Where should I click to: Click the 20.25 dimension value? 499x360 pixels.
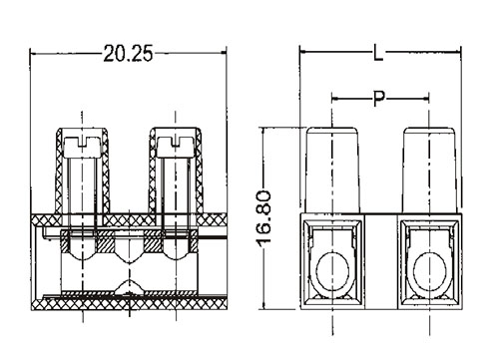click(128, 53)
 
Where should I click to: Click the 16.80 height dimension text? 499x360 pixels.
click(265, 219)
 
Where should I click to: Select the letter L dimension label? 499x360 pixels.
click(378, 53)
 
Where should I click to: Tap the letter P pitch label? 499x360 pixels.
click(378, 99)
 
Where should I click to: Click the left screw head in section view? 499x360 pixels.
click(82, 148)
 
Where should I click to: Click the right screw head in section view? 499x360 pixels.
click(176, 148)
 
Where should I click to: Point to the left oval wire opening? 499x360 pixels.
click(332, 270)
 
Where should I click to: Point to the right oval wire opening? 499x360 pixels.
click(429, 270)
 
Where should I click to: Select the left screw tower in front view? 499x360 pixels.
click(332, 170)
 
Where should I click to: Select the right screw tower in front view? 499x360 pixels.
click(429, 170)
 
